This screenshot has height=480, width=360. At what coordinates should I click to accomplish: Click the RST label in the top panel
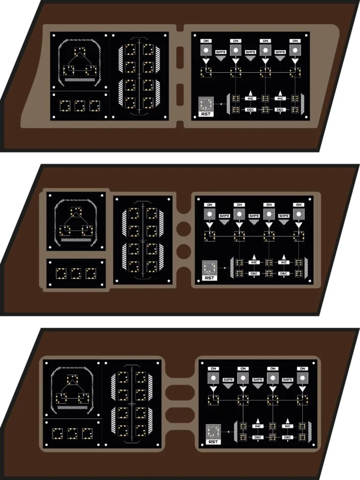coord(206,114)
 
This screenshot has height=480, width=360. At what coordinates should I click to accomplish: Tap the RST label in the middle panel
coord(210,278)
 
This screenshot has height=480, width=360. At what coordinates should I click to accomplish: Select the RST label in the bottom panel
coord(213,442)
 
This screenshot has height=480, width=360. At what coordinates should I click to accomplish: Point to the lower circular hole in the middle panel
coord(184,251)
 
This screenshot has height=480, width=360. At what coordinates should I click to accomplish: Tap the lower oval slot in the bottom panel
coord(180,415)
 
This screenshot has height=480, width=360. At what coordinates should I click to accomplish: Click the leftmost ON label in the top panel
coord(206,41)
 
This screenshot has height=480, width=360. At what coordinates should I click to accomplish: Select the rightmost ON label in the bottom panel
coord(302,368)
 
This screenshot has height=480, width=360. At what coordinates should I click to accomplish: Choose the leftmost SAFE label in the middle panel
coord(225,216)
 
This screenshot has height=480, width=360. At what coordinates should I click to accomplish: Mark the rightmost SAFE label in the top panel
coord(280,52)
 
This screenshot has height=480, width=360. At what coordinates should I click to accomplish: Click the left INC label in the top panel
coord(250,98)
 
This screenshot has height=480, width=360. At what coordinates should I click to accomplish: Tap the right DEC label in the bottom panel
coord(288,437)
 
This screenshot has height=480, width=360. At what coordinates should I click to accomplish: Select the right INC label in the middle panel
coord(284,262)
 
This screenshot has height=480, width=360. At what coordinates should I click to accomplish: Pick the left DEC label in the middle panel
coord(254,273)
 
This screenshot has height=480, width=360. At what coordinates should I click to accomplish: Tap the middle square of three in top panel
coord(80,105)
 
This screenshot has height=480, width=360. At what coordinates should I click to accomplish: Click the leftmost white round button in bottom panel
coord(213,378)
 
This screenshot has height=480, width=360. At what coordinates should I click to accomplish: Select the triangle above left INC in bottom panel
coord(258,421)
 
